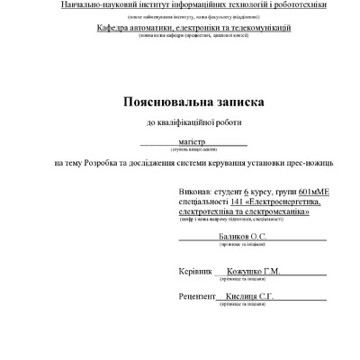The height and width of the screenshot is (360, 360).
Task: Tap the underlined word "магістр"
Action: [x=193, y=141]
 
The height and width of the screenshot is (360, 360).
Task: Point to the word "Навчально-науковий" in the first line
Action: [x=101, y=5]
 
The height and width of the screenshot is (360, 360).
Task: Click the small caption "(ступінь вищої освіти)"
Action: [x=193, y=149]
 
